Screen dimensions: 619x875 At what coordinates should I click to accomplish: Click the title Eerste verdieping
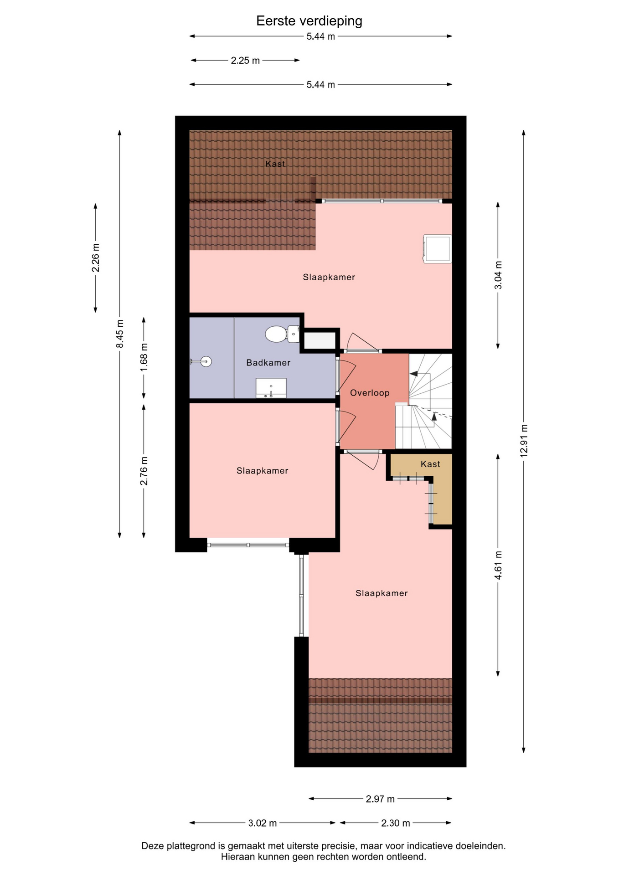click(309, 21)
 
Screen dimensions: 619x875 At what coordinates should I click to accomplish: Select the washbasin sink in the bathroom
click(271, 388)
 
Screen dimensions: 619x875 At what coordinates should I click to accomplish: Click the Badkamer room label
click(268, 363)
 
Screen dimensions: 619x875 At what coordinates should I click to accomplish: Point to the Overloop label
click(370, 393)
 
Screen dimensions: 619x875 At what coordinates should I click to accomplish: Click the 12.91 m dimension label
click(524, 441)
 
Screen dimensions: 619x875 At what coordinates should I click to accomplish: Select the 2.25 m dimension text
click(245, 61)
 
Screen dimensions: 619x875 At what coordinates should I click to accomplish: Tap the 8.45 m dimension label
click(120, 334)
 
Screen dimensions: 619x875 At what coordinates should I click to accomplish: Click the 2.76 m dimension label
click(144, 471)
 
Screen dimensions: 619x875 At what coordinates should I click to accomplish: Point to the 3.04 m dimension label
click(498, 275)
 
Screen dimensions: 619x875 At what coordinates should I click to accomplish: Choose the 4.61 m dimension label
click(498, 566)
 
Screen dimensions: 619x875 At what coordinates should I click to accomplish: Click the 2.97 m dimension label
click(380, 799)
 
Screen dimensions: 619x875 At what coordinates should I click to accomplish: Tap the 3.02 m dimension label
click(263, 823)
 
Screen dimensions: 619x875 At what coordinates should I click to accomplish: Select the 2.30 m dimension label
click(396, 823)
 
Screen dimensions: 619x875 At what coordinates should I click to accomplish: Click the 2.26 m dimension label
click(96, 258)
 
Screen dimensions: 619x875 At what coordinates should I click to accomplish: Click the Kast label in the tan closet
click(430, 464)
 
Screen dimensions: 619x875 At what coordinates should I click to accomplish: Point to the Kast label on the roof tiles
click(275, 164)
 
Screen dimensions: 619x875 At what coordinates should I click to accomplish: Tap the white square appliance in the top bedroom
click(438, 249)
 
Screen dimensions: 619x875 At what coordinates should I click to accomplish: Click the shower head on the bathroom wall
click(201, 361)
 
